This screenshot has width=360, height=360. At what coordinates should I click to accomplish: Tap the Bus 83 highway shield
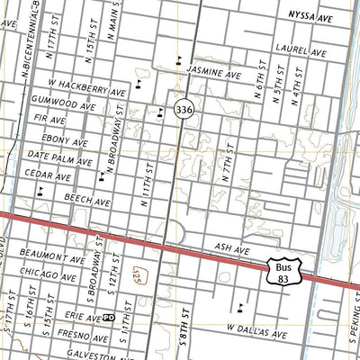[x=283, y=273]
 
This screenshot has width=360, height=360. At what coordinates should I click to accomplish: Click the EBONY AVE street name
[x=69, y=142]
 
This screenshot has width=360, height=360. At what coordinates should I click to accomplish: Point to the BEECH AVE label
[x=88, y=203]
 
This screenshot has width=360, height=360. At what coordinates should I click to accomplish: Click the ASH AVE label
[x=229, y=245]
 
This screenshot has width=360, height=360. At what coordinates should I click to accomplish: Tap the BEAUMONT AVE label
[x=53, y=256]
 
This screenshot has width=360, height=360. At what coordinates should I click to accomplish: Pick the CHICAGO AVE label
[x=51, y=275]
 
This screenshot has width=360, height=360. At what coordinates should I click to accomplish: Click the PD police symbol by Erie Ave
[x=107, y=318]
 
